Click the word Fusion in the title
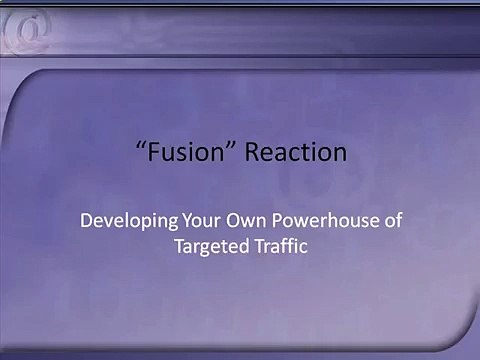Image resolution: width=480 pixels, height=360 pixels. [186, 152]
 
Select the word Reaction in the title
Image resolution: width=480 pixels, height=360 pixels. [296, 152]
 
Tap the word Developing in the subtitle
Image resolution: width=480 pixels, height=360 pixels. [129, 221]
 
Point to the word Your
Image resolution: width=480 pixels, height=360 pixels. [201, 220]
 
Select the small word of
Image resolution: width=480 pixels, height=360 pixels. [393, 220]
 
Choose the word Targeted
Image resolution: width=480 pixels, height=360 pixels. [212, 247]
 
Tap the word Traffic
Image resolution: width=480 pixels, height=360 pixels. [281, 246]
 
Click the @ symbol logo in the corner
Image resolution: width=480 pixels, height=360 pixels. [26, 31]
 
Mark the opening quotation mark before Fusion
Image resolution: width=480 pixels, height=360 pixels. [141, 145]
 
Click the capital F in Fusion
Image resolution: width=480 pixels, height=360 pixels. [153, 152]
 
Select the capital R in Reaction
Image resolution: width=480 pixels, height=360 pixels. [252, 152]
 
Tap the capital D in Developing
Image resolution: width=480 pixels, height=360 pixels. [87, 221]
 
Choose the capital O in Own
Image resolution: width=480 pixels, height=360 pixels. [233, 221]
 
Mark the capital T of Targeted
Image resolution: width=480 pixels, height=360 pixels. [181, 246]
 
